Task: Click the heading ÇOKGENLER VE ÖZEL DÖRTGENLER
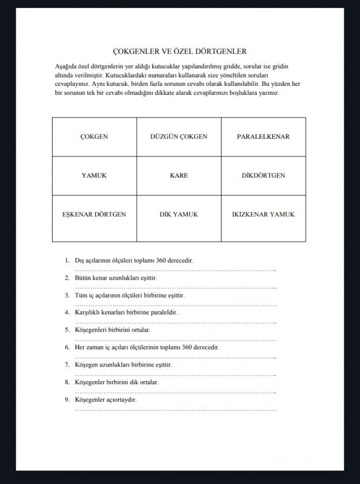[x=180, y=51]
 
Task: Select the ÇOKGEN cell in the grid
[x=94, y=137]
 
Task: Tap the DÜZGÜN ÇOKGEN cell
[x=179, y=137]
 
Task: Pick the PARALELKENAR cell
[x=263, y=137]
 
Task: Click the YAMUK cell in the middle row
[x=94, y=176]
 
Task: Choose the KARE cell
[x=179, y=176]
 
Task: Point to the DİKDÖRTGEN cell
[x=263, y=176]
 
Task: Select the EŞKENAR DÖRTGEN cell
[x=94, y=215]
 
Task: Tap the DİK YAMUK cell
[x=179, y=215]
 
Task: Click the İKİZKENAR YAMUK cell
[x=263, y=215]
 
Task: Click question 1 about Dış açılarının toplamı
[x=134, y=261]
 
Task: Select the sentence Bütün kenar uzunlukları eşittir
[x=115, y=278]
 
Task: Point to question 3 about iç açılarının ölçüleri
[x=129, y=295]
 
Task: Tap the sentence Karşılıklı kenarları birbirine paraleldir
[x=126, y=312]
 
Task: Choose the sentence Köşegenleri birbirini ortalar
[x=112, y=330]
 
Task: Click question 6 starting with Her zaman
[x=146, y=347]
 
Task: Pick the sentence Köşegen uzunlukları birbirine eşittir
[x=123, y=365]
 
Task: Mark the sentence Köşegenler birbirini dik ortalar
[x=116, y=382]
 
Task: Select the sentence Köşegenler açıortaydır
[x=106, y=400]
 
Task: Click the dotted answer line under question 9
[x=175, y=409]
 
